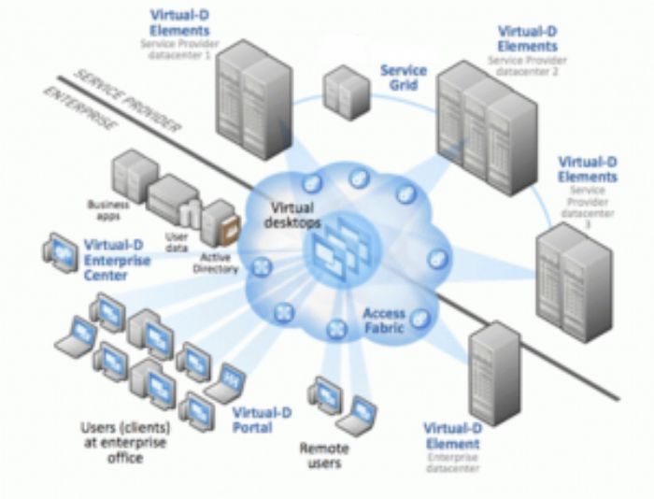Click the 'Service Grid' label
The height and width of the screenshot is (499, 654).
pyautogui.click(x=404, y=78)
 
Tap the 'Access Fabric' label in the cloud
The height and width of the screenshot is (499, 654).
pyautogui.click(x=385, y=322)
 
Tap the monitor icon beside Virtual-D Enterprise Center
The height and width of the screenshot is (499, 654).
pyautogui.click(x=61, y=251)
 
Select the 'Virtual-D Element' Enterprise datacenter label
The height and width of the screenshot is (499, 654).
pyautogui.click(x=451, y=435)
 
